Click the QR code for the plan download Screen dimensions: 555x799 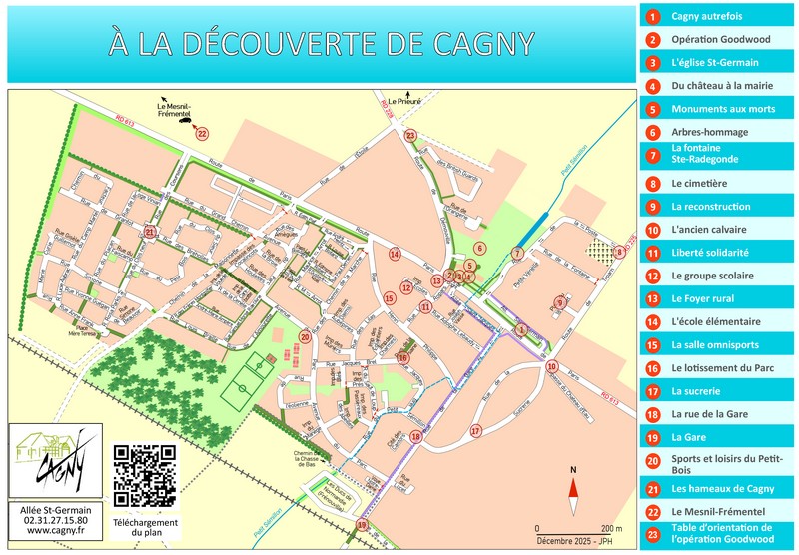tap(145, 474)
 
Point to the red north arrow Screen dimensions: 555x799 tap(573, 488)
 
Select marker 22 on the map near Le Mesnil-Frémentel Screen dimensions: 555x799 tap(202, 132)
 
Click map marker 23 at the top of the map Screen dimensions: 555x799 tap(410, 135)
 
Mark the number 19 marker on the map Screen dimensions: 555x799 tap(362, 524)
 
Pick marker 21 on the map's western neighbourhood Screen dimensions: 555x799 tap(149, 232)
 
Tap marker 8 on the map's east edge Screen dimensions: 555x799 tap(619, 252)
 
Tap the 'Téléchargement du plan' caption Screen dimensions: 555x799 tap(145, 528)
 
